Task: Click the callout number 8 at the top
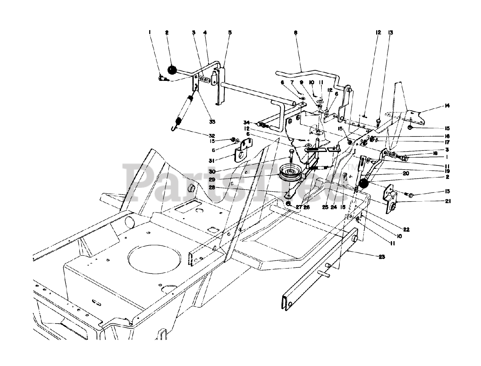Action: (x=296, y=33)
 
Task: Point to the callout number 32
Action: (x=212, y=136)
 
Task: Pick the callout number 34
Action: (x=247, y=122)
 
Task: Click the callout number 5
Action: (x=230, y=33)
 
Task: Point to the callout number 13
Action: (x=391, y=33)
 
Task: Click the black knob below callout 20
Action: (x=363, y=184)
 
